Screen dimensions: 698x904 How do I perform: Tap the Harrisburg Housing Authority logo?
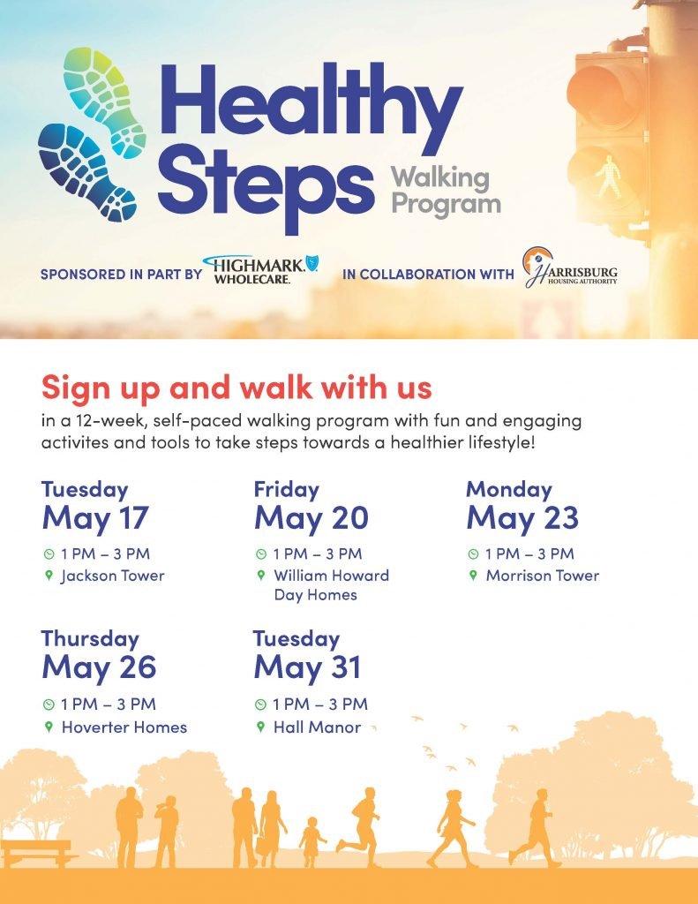[x=570, y=268]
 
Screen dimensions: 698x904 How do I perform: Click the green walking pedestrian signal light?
[x=608, y=176]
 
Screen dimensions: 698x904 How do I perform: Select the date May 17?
[x=95, y=517]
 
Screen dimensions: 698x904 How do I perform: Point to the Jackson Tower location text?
[x=113, y=576]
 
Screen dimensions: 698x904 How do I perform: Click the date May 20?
[x=311, y=517]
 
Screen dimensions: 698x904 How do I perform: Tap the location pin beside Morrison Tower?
[x=473, y=576]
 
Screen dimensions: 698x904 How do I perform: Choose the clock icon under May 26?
[x=49, y=704]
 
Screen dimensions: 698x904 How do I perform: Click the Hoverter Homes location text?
[x=124, y=727]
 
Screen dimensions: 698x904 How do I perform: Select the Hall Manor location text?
[x=317, y=727]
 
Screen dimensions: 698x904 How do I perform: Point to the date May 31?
[x=308, y=667]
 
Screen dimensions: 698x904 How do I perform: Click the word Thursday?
[x=91, y=639]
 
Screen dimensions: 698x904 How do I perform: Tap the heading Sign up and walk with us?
[x=236, y=388]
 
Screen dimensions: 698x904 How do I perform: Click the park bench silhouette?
[x=37, y=853]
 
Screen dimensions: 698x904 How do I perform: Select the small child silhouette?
[x=311, y=841]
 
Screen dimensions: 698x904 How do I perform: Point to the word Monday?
[x=509, y=489]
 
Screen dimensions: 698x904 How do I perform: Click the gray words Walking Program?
[x=446, y=191]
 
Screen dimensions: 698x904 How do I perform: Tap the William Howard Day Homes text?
[x=332, y=584]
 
